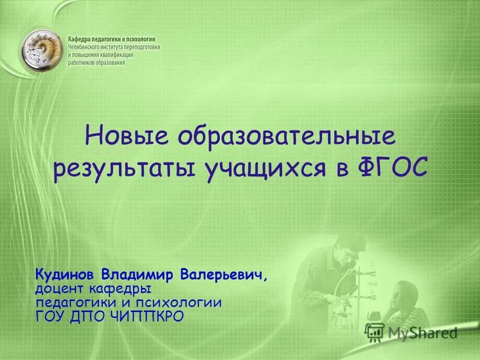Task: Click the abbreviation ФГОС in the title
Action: pyautogui.click(x=394, y=167)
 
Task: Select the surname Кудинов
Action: pyautogui.click(x=66, y=275)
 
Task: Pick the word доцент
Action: pyautogui.click(x=62, y=290)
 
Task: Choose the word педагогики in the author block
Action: pyautogui.click(x=77, y=303)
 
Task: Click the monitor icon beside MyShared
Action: pyautogui.click(x=375, y=332)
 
